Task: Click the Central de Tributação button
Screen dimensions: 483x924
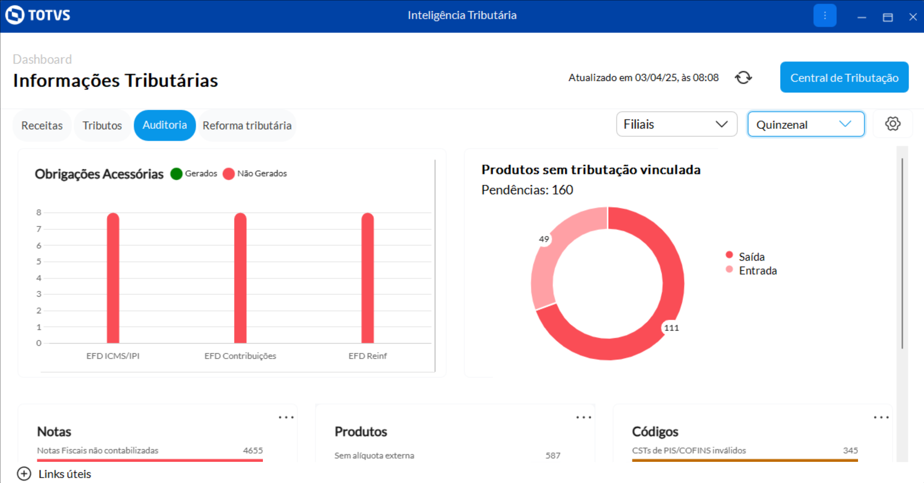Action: point(844,77)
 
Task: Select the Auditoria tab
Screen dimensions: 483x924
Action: point(165,125)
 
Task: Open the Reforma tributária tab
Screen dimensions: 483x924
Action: point(247,126)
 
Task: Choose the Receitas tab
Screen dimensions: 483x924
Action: point(42,126)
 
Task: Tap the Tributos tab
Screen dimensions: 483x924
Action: point(102,126)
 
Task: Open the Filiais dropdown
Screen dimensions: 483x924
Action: point(676,125)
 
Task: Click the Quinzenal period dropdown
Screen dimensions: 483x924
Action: point(806,125)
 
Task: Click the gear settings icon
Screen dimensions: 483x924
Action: point(893,124)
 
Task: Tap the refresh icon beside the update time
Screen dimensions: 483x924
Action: point(743,77)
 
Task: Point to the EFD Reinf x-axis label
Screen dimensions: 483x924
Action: point(367,356)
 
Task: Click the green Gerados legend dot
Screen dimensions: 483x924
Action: point(176,174)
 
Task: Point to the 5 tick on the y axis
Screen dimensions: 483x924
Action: point(39,262)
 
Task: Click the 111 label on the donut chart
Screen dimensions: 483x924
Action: point(671,328)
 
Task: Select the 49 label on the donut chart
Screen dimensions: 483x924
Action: point(544,239)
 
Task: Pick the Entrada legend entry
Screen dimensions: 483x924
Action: point(757,271)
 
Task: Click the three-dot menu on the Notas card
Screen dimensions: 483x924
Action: point(286,418)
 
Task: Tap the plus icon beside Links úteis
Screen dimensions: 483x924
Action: point(24,474)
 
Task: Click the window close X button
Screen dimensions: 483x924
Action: point(912,17)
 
